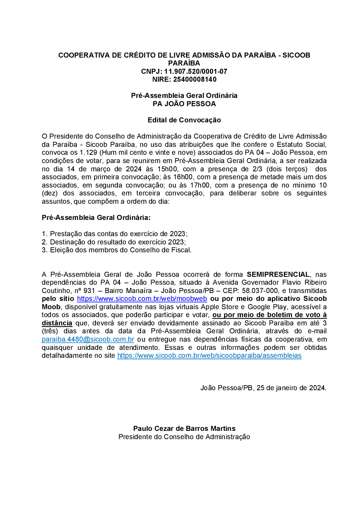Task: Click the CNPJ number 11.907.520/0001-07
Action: point(195,71)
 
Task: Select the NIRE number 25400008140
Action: point(195,79)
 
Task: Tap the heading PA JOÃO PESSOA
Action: point(184,104)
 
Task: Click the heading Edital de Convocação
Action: point(184,120)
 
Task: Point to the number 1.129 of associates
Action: point(88,152)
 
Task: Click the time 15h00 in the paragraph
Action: point(167,169)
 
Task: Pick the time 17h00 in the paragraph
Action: point(199,185)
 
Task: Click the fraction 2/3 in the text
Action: point(257,169)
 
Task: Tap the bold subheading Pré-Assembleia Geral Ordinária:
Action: point(96,217)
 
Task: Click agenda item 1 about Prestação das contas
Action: point(115,234)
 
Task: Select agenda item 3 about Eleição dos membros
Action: point(117,250)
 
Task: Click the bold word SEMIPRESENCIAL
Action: point(278,274)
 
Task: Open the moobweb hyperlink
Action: point(142,299)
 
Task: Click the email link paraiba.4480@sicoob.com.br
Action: point(88,339)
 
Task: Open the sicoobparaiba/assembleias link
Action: point(209,356)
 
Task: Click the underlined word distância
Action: point(57,323)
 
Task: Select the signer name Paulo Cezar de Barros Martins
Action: point(184,428)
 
